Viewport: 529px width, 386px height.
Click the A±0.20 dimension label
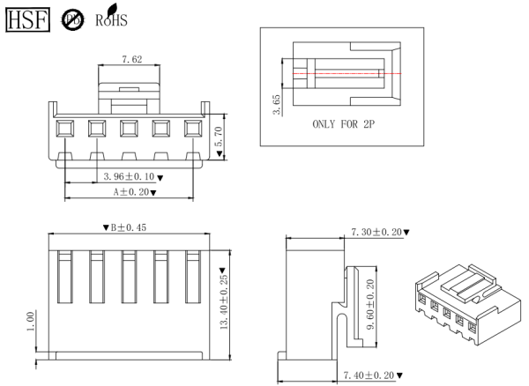133,191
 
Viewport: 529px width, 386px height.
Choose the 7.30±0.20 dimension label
375,232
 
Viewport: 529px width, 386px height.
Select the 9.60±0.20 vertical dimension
371,302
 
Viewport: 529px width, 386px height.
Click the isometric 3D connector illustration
466,304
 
